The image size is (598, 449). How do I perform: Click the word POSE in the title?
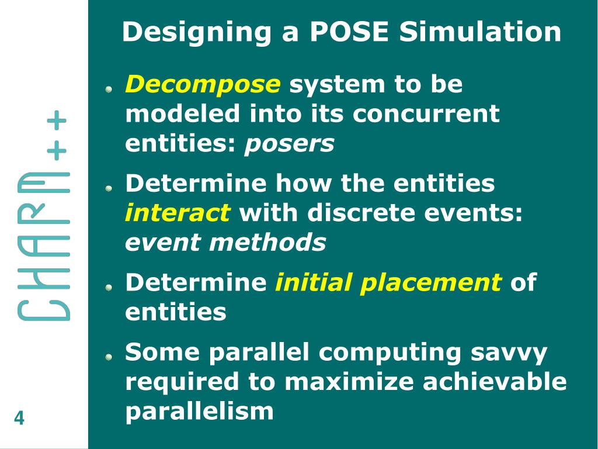pos(349,32)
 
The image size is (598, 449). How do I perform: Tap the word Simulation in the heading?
pos(480,32)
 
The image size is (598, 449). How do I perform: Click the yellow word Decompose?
pos(203,85)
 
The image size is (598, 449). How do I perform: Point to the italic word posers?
pos(289,144)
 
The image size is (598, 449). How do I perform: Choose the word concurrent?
pos(426,114)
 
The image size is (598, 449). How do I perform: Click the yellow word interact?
pos(178,213)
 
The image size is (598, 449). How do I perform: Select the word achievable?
pos(495,382)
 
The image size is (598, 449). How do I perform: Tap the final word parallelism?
pos(199,412)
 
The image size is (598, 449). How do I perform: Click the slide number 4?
pos(19,419)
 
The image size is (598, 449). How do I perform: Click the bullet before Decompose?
pos(109,89)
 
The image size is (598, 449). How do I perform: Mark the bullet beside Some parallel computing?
pos(109,357)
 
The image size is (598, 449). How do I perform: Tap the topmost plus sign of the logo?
pos(57,122)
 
